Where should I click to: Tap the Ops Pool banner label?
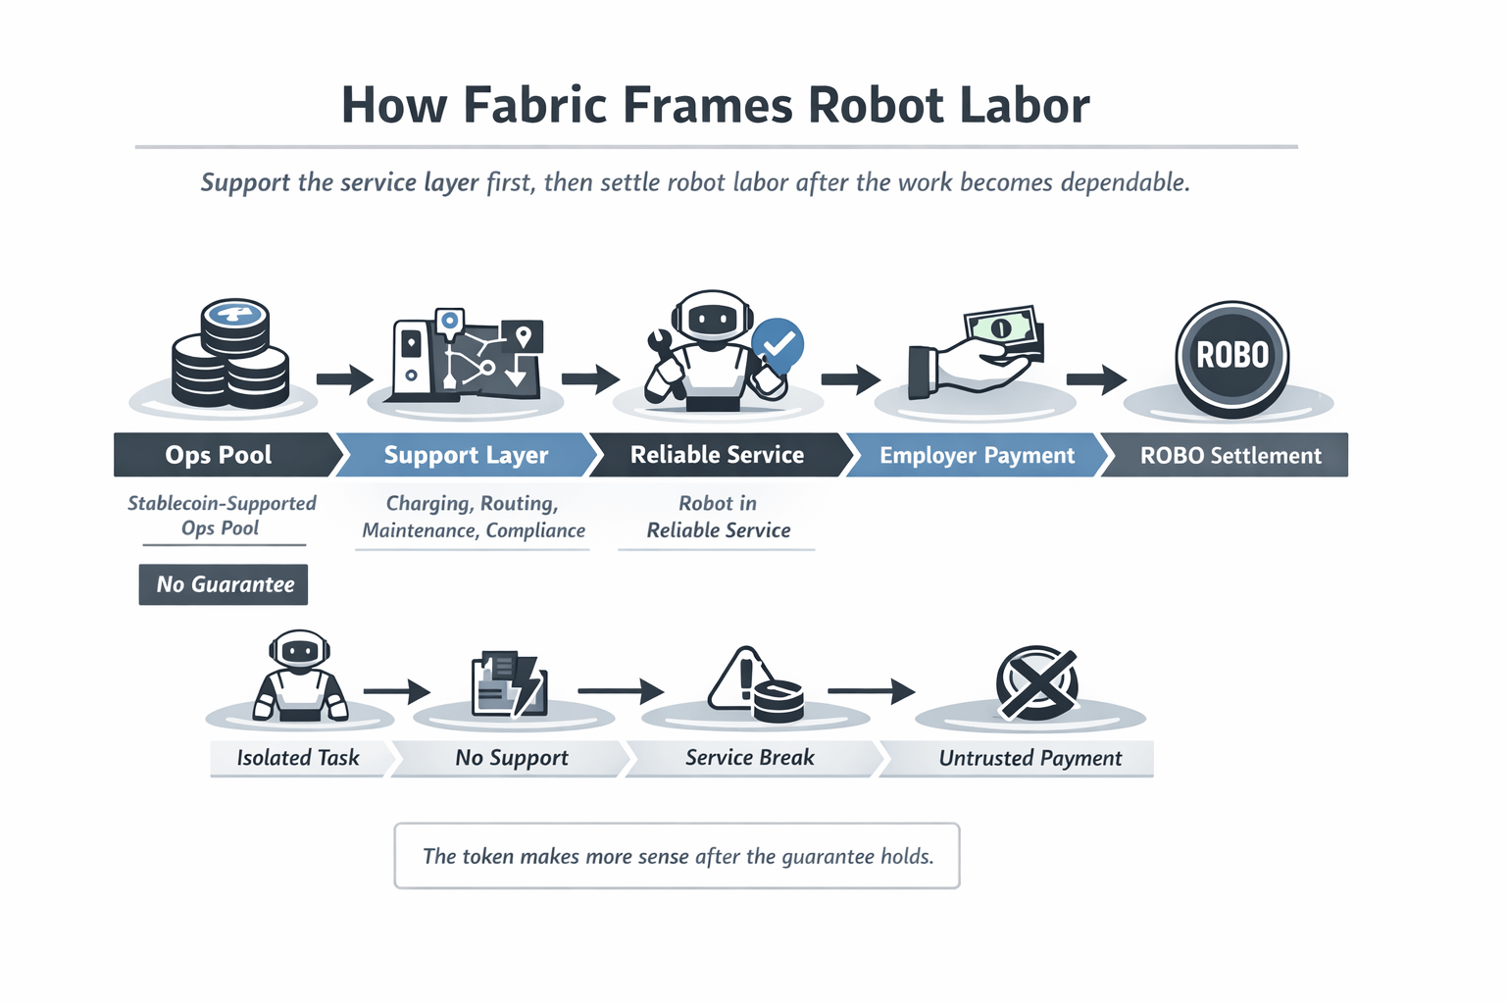click(x=219, y=455)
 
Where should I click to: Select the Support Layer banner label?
click(x=466, y=455)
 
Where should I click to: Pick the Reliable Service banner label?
click(x=717, y=455)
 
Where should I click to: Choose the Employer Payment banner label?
click(x=977, y=455)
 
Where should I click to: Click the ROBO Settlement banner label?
click(x=1230, y=455)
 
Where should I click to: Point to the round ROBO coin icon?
click(x=1232, y=355)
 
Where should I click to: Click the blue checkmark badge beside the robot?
click(x=778, y=344)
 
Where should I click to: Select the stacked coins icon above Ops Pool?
click(x=231, y=356)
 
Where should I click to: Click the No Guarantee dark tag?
click(x=225, y=584)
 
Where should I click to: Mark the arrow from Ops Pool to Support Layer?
click(x=344, y=378)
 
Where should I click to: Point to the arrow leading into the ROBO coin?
click(x=1096, y=378)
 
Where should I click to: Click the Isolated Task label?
click(x=298, y=758)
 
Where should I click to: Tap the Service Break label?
click(x=750, y=758)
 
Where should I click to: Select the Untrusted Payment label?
click(x=1030, y=758)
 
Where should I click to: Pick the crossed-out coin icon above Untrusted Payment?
click(x=1036, y=683)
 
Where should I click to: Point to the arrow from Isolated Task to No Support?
click(x=396, y=692)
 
